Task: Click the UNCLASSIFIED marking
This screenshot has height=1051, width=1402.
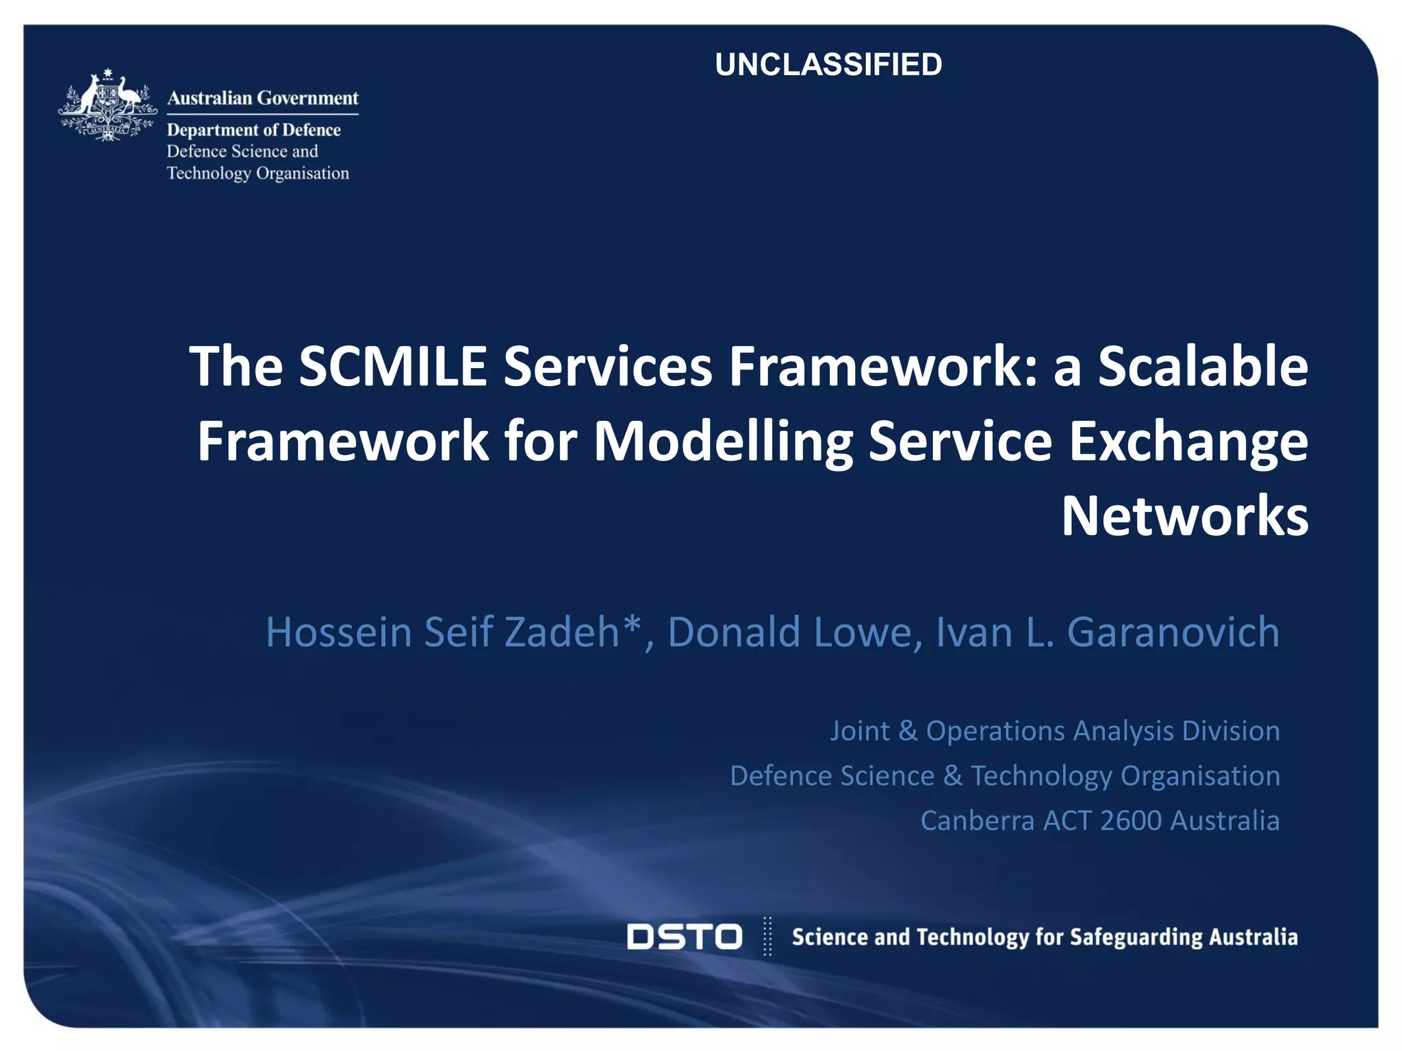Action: click(828, 65)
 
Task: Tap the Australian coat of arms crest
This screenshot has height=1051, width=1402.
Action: click(107, 105)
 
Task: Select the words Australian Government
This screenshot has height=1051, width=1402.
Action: click(263, 99)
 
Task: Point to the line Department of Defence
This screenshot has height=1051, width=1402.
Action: click(253, 130)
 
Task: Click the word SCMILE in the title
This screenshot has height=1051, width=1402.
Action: click(393, 367)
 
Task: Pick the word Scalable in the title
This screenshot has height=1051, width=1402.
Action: click(1203, 367)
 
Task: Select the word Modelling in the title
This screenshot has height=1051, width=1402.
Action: click(723, 442)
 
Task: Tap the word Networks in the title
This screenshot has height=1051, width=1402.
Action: click(1184, 517)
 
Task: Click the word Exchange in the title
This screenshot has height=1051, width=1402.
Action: click(1188, 442)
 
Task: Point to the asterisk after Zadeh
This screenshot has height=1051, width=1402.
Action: click(633, 624)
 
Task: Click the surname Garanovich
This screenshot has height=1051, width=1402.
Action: click(1173, 632)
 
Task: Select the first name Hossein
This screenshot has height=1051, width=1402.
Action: click(338, 632)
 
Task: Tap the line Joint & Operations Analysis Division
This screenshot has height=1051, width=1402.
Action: click(1054, 731)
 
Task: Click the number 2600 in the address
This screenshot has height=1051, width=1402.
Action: click(1131, 821)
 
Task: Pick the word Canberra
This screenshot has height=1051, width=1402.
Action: click(977, 821)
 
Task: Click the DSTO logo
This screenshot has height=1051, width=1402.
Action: click(684, 937)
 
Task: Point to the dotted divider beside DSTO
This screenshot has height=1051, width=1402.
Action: click(767, 936)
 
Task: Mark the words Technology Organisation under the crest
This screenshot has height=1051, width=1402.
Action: click(257, 174)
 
